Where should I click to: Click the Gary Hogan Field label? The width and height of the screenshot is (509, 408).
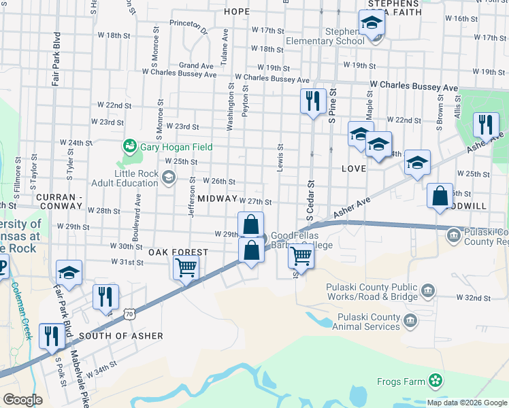pyautogui.click(x=176, y=147)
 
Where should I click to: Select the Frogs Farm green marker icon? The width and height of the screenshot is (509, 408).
pyautogui.click(x=436, y=381)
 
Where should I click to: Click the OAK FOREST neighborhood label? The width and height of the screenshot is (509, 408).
pyautogui.click(x=178, y=252)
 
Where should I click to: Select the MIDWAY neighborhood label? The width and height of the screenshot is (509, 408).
pyautogui.click(x=217, y=198)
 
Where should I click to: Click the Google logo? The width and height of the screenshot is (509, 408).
pyautogui.click(x=22, y=400)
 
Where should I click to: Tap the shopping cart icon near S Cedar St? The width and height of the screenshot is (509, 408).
pyautogui.click(x=300, y=257)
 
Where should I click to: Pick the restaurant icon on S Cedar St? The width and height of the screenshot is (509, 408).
pyautogui.click(x=312, y=102)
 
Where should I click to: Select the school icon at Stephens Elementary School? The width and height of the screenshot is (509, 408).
pyautogui.click(x=372, y=25)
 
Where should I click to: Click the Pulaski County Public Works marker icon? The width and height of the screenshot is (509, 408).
pyautogui.click(x=427, y=292)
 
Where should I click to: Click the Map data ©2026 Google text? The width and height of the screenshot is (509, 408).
pyautogui.click(x=467, y=402)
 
